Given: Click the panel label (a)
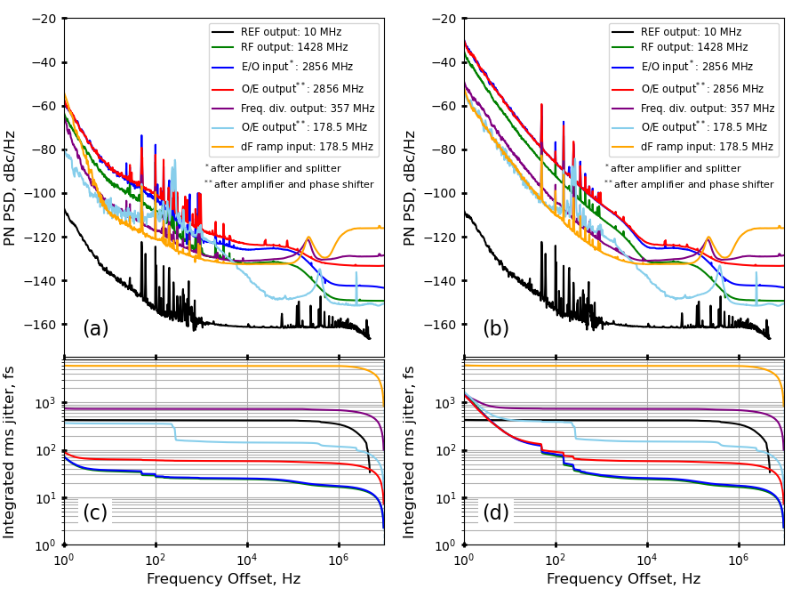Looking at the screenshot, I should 95,329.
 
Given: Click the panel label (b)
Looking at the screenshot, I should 495,329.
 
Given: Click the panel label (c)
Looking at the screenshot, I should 95,513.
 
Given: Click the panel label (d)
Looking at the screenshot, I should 495,513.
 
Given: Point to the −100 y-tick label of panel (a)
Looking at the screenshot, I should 41,193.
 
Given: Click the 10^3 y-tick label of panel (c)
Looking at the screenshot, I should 44,403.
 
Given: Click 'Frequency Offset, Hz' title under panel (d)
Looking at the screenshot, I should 623,579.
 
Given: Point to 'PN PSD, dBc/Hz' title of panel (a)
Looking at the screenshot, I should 12,188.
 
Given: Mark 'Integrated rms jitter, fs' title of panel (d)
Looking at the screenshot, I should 412,451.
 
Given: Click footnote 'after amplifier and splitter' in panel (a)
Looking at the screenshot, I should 275,168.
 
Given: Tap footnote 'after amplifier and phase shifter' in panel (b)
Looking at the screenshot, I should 692,184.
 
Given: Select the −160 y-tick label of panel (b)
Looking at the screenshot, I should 441,325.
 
